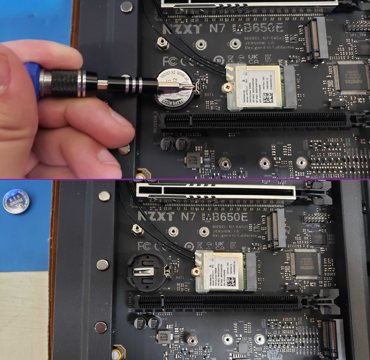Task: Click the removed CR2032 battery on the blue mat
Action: click(x=16, y=201)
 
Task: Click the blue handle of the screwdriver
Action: click(x=32, y=79)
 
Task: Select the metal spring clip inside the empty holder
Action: click(x=145, y=272)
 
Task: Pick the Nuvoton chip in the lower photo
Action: click(x=306, y=263)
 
